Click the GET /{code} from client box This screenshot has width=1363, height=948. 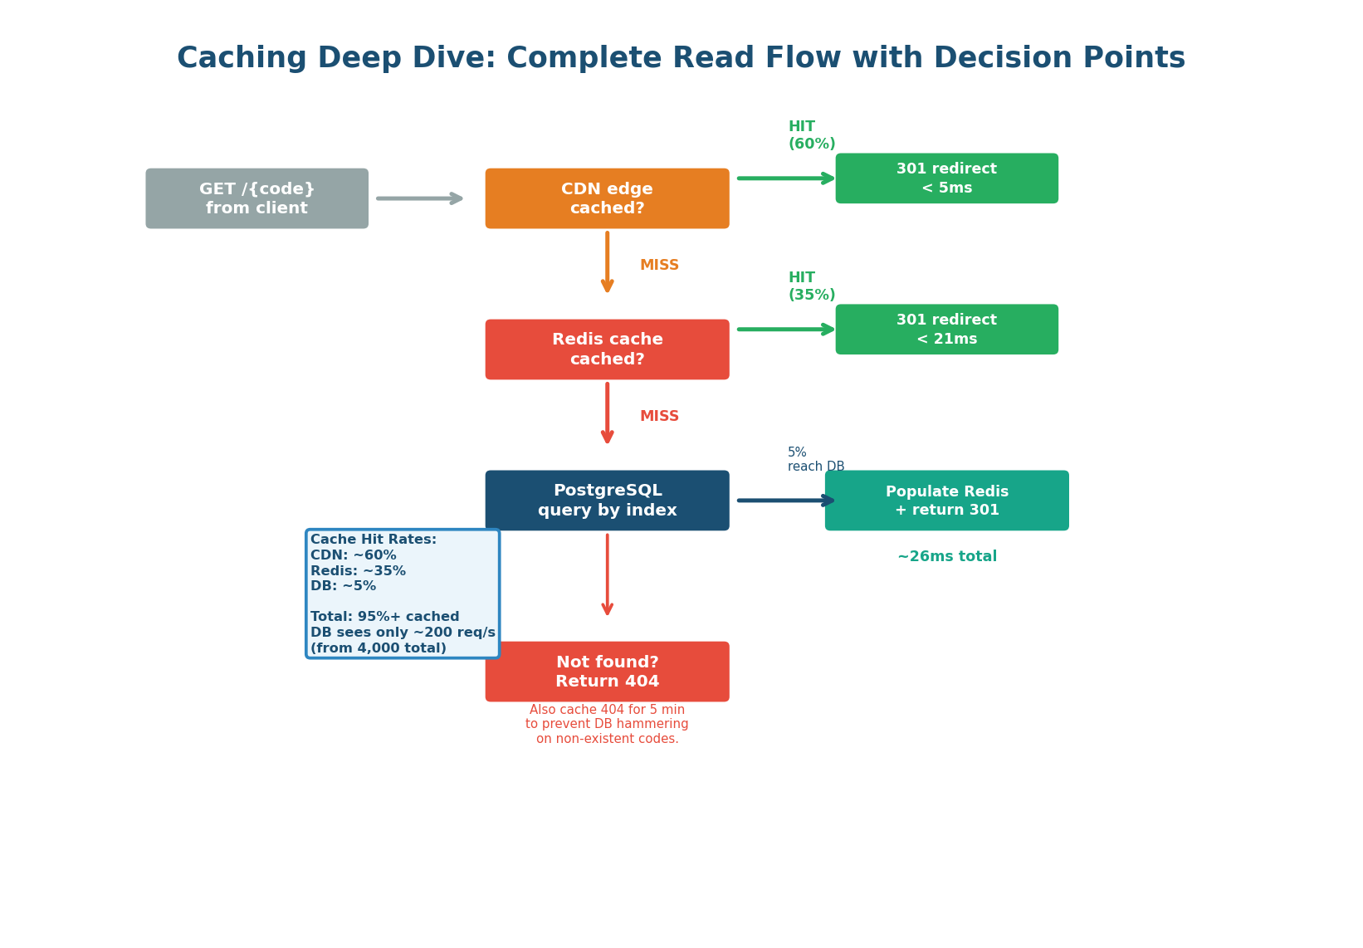pos(256,198)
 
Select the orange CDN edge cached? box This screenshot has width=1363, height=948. pos(607,198)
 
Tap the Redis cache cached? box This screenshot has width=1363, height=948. pos(607,349)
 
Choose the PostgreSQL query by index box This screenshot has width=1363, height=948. pos(607,501)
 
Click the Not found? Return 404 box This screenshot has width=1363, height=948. pos(607,672)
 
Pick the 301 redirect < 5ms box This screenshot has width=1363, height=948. pos(946,178)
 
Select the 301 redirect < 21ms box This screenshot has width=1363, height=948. pos(946,330)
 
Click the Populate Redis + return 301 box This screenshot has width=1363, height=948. pos(946,501)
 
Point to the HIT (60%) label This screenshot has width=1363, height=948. pos(811,135)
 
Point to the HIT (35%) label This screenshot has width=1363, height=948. pos(811,286)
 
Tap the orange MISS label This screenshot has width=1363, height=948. pos(659,266)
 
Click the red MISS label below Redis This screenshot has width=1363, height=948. pos(659,417)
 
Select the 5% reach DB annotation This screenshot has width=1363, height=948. pos(815,460)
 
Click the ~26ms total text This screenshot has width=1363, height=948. pos(946,557)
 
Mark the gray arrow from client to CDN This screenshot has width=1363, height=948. pos(419,198)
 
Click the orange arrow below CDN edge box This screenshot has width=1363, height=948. pos(607,261)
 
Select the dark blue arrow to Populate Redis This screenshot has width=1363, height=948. pos(785,501)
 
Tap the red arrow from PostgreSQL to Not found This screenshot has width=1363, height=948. pos(607,574)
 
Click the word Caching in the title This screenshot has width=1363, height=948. pos(242,59)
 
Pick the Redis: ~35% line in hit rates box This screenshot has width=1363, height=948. pos(358,571)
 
